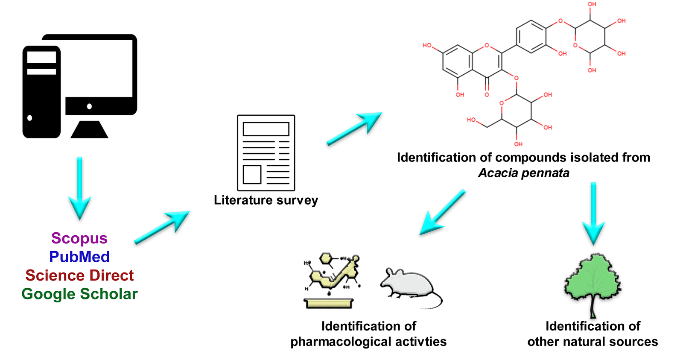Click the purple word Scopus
pyautogui.click(x=79, y=238)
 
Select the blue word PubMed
pyautogui.click(x=79, y=257)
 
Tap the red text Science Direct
pyautogui.click(x=79, y=275)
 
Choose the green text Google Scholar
pyautogui.click(x=79, y=294)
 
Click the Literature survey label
pyautogui.click(x=266, y=200)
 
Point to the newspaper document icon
pyautogui.click(x=266, y=153)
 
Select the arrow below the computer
pyautogui.click(x=80, y=188)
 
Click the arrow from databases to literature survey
pyautogui.click(x=162, y=227)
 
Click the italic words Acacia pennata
pyautogui.click(x=523, y=173)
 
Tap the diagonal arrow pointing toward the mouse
pyautogui.click(x=442, y=213)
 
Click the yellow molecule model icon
pyautogui.click(x=331, y=280)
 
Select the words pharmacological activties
pyautogui.click(x=368, y=342)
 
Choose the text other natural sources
pyautogui.click(x=593, y=342)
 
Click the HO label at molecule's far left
pyautogui.click(x=427, y=45)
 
